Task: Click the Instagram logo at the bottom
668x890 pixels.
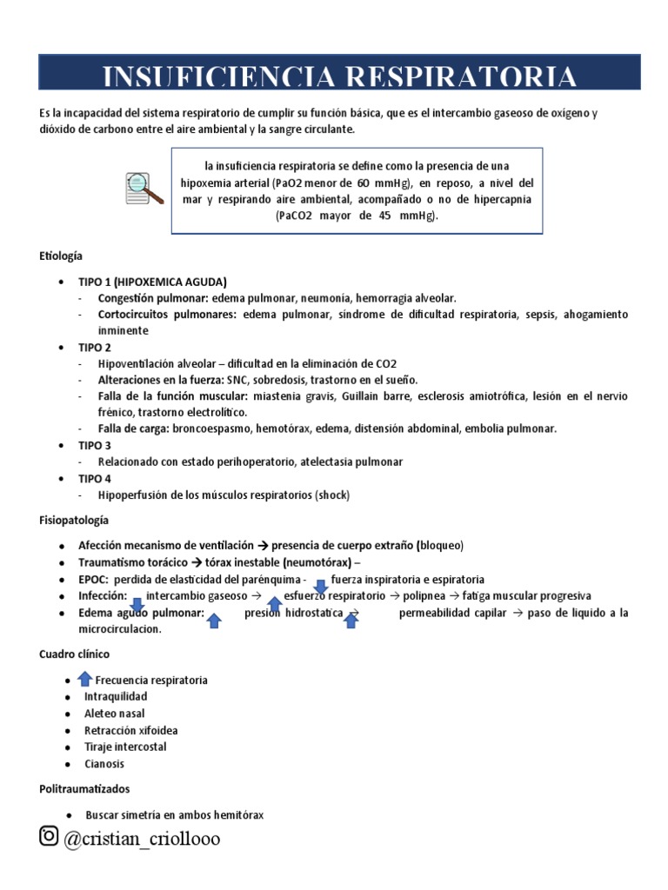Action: [x=49, y=836]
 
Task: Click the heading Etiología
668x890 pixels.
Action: [x=61, y=256]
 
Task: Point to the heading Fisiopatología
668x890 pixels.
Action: [x=74, y=520]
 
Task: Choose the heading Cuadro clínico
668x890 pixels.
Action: [x=75, y=654]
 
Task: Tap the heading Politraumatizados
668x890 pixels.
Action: [x=84, y=789]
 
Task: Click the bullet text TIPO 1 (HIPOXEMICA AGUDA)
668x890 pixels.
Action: [x=152, y=282]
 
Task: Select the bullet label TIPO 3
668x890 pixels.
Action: [x=95, y=445]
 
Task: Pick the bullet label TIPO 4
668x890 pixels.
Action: [x=95, y=478]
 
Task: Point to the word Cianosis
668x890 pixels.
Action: [x=104, y=763]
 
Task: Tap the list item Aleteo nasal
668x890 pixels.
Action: [x=113, y=714]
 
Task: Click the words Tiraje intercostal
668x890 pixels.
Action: [x=125, y=747]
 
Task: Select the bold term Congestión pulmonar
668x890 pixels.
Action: [x=153, y=297]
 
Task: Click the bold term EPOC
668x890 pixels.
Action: [x=93, y=579]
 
